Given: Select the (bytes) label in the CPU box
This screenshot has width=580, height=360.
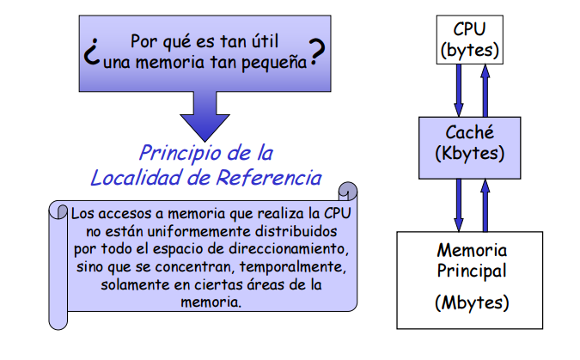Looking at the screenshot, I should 469,50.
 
